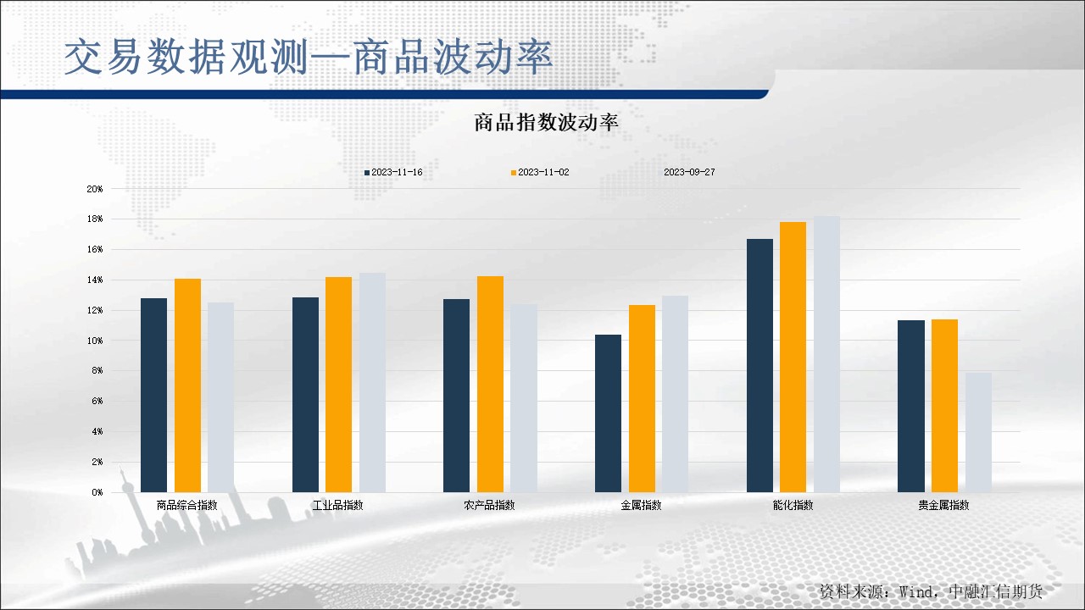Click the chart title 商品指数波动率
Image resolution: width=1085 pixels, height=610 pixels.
pos(547,123)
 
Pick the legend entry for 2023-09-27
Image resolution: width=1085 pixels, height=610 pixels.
pos(688,172)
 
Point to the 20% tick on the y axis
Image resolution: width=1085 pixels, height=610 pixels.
pos(95,189)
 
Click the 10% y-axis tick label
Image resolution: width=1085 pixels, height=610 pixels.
pos(95,341)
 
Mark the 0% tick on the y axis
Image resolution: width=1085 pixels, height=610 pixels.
pos(97,492)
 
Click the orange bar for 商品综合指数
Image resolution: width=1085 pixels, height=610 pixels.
pos(187,385)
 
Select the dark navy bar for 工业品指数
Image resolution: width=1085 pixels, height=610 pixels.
pos(305,395)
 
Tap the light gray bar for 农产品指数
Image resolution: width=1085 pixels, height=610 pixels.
pos(524,398)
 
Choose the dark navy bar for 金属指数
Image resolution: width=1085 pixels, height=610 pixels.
pos(608,413)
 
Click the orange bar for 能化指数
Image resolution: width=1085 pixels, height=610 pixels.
pos(793,357)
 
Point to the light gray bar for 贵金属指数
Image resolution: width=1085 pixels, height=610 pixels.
pos(978,432)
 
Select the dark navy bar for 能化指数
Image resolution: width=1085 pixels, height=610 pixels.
pos(759,365)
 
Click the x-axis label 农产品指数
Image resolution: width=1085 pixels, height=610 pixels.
pos(489,505)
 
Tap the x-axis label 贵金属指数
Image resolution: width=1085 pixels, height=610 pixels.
pos(943,505)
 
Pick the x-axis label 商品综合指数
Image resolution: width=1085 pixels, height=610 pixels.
pos(186,505)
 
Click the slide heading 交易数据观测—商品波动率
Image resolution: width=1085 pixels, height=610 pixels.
pos(309,58)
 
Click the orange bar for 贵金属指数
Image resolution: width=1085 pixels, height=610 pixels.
pos(944,406)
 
